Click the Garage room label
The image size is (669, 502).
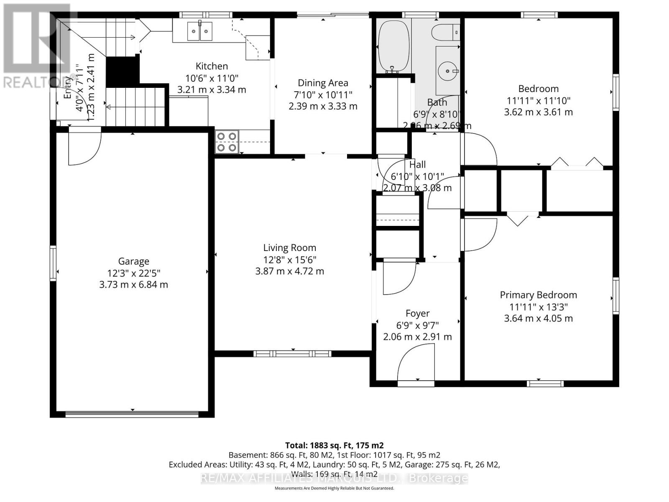(x=134, y=261)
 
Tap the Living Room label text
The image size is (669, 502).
(x=289, y=248)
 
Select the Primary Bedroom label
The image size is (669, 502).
(x=538, y=295)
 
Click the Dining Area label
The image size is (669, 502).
(x=323, y=83)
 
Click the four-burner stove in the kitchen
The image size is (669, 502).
(x=227, y=142)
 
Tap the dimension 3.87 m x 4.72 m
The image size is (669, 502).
(x=289, y=271)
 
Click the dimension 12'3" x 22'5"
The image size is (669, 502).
(x=134, y=273)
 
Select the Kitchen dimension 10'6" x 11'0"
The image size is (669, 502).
(x=212, y=78)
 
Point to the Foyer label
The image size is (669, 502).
(x=417, y=313)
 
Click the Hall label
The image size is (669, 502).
(x=417, y=164)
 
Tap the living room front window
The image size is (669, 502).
(x=292, y=354)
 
